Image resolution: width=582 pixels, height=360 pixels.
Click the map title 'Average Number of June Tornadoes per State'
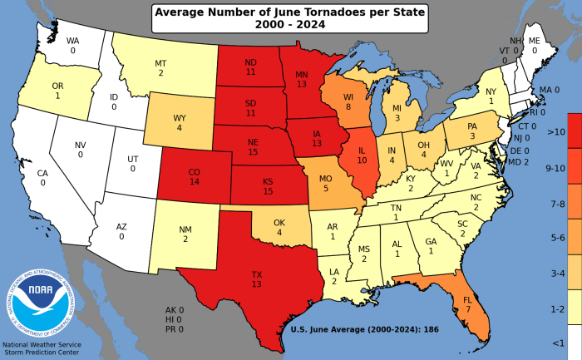[291, 12]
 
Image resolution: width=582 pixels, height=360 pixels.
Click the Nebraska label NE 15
[253, 146]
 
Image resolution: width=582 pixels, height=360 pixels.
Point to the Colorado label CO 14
[195, 175]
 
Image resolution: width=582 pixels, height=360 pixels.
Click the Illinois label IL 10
[361, 155]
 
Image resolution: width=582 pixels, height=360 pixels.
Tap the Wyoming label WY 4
[179, 122]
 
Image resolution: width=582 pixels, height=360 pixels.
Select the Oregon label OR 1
[57, 90]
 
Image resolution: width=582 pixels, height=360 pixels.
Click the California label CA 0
[42, 178]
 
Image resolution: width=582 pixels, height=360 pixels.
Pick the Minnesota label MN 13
[302, 77]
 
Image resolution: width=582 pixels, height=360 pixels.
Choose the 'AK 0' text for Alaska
[175, 310]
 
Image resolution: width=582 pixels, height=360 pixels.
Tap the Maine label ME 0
[535, 45]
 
